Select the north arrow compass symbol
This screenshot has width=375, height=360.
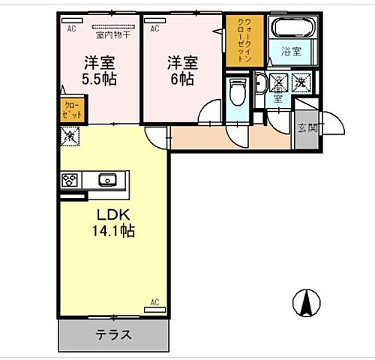[306, 302]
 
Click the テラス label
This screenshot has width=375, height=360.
[114, 335]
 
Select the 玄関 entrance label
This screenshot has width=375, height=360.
[307, 128]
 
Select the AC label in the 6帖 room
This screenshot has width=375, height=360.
[154, 28]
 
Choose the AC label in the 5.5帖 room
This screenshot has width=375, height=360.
[72, 28]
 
